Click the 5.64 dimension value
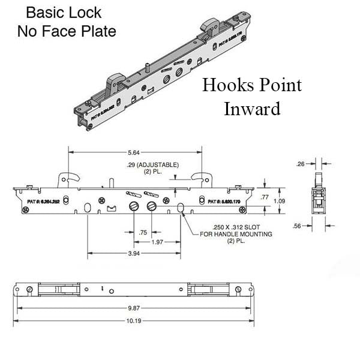click(135, 152)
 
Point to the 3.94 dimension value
click(135, 254)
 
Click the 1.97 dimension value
click(157, 242)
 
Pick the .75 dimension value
click(142, 232)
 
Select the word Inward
click(252, 109)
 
